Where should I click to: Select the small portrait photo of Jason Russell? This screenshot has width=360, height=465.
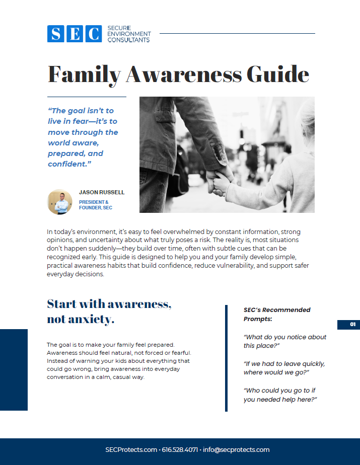(x=60, y=202)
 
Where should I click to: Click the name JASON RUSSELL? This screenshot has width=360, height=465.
(x=102, y=193)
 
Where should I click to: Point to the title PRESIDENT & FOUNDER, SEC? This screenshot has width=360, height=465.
(x=94, y=205)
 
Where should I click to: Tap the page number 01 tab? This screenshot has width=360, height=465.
(x=348, y=325)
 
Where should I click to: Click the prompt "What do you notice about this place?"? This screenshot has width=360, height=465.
(x=285, y=341)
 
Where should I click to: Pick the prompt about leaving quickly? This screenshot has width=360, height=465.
(x=284, y=368)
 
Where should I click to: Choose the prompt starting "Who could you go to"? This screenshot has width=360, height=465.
(x=282, y=395)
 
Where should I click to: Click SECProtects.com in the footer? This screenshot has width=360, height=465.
(x=131, y=450)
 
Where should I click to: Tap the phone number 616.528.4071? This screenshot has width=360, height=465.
(x=179, y=450)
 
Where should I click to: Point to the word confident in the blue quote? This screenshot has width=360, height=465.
(x=67, y=165)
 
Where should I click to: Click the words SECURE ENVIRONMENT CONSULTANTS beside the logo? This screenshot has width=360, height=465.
(x=129, y=34)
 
